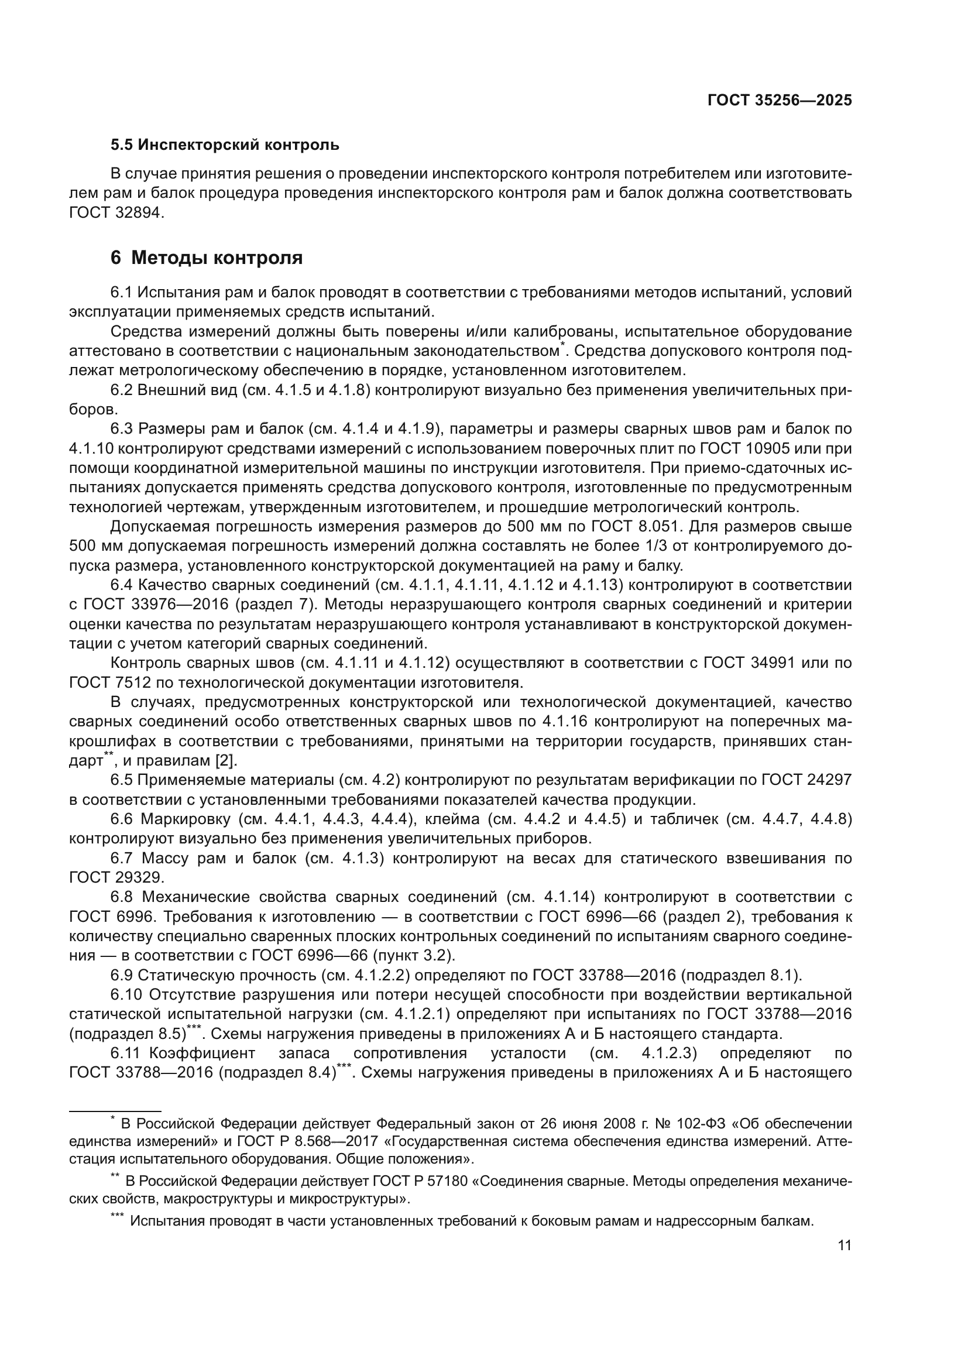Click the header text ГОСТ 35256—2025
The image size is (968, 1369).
pyautogui.click(x=780, y=100)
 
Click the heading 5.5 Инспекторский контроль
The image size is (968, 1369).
pyautogui.click(x=225, y=145)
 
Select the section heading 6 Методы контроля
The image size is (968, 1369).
pyautogui.click(x=206, y=258)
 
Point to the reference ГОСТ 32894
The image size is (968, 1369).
pyautogui.click(x=116, y=213)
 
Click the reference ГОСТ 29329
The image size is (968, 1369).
pyautogui.click(x=116, y=878)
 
